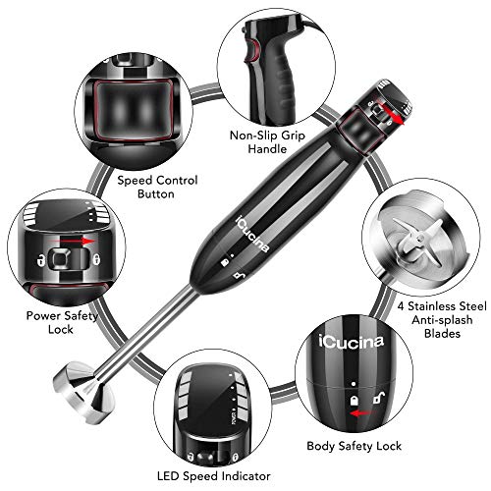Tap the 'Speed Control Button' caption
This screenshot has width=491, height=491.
(x=158, y=187)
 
